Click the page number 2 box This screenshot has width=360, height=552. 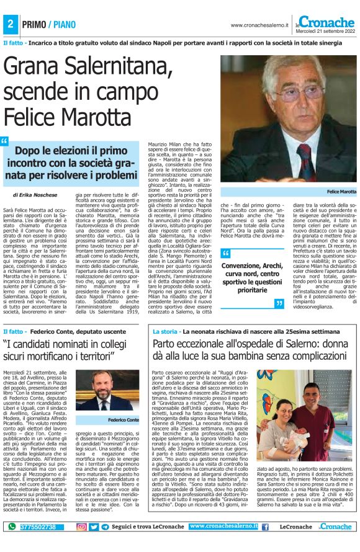tap(11, 24)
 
